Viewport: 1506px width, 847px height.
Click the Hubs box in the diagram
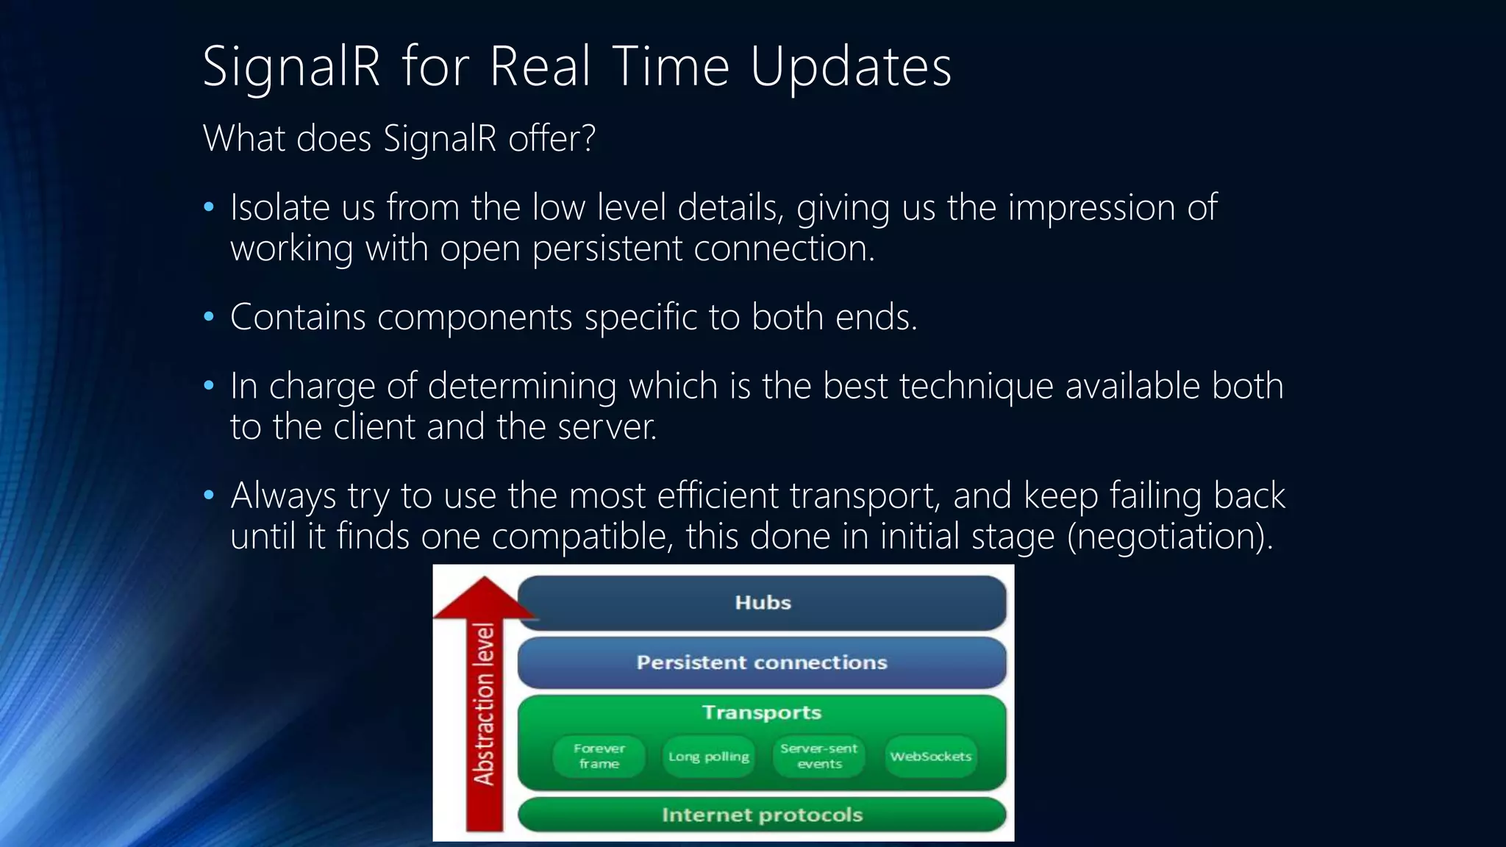(x=762, y=602)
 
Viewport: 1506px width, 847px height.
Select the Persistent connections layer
(x=762, y=662)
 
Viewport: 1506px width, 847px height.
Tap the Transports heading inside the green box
(x=762, y=712)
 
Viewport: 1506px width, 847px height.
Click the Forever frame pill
(x=599, y=756)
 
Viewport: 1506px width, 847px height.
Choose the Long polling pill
(x=709, y=756)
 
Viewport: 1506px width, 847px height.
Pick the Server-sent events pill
(x=818, y=756)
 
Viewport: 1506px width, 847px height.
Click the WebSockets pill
(x=930, y=756)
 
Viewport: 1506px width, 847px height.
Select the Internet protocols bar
(x=762, y=815)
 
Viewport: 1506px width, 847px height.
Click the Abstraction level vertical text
(x=484, y=704)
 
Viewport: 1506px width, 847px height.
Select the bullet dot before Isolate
(x=209, y=207)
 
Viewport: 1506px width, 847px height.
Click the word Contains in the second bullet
(x=298, y=317)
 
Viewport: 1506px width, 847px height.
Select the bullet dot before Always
(x=209, y=496)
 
